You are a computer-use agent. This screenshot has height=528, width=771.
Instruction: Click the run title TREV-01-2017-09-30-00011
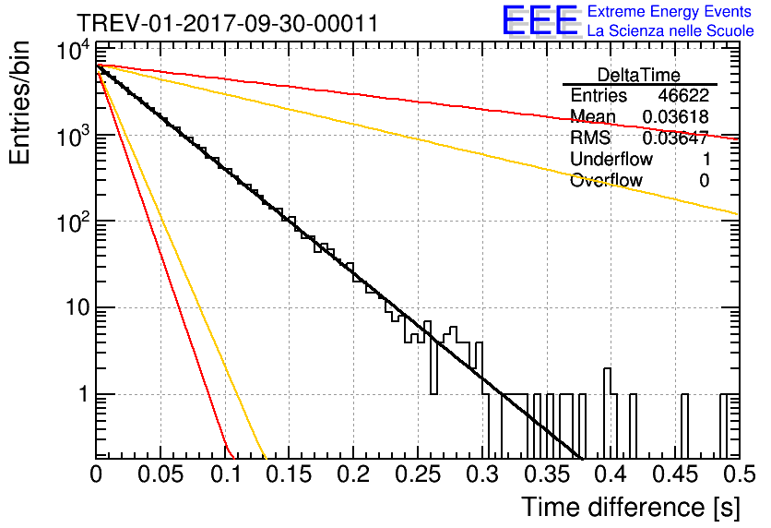(x=228, y=23)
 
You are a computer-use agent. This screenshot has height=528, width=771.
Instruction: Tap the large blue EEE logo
(x=540, y=21)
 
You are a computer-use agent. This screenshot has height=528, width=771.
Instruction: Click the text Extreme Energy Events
(x=670, y=11)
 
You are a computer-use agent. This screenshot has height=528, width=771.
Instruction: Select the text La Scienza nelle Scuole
(x=670, y=31)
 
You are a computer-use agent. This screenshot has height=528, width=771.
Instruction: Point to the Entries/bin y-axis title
(x=19, y=102)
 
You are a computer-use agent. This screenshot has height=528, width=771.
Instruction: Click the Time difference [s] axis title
(x=631, y=508)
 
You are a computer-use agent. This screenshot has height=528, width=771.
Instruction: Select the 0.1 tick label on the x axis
(x=225, y=474)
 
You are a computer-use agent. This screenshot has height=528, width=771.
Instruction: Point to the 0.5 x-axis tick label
(x=739, y=474)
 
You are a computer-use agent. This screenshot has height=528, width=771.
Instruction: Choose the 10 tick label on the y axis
(x=78, y=308)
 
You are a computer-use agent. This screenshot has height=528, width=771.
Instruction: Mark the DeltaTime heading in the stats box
(x=639, y=75)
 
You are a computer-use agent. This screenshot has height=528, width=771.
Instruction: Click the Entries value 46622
(x=683, y=95)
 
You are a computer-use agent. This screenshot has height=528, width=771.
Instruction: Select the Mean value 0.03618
(x=676, y=116)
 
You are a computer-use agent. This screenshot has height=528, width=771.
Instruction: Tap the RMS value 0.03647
(x=676, y=138)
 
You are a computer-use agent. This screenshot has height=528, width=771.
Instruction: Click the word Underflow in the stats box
(x=611, y=159)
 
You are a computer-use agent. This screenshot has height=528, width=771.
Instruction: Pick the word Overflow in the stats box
(x=606, y=180)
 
